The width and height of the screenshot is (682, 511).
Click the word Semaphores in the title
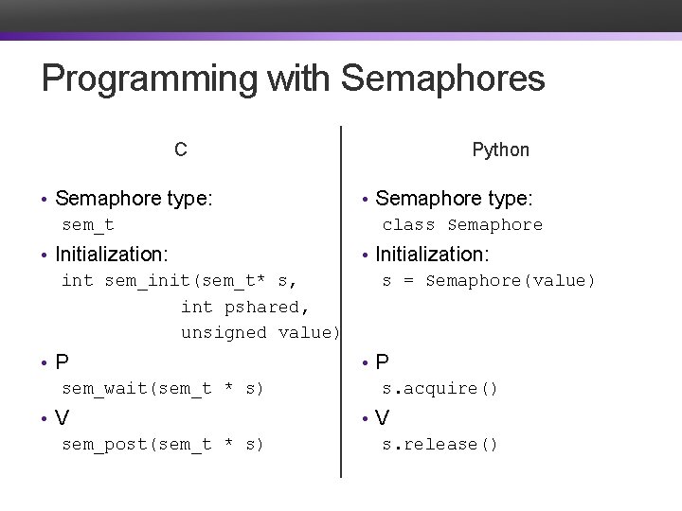tap(442, 79)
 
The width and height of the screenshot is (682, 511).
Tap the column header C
tap(180, 150)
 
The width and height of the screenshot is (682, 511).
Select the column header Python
tap(501, 150)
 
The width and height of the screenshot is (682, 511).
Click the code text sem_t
tap(88, 225)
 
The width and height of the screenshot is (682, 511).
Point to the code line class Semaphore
tap(462, 225)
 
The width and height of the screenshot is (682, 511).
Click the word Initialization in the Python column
tap(432, 254)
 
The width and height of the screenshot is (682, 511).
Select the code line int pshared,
tap(244, 307)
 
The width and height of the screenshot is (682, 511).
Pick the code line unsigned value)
tap(260, 332)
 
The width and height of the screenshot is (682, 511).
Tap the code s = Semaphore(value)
tap(489, 280)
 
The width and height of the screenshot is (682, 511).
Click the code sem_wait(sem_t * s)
tap(162, 388)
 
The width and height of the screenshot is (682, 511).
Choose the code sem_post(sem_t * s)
tap(162, 444)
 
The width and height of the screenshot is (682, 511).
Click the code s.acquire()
tap(440, 388)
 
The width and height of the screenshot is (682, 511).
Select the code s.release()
tap(440, 444)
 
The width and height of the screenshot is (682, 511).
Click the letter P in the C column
tap(63, 361)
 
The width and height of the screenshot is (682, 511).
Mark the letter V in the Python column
tap(383, 417)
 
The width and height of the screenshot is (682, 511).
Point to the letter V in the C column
tap(63, 417)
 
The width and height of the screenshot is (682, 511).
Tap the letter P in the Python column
tap(383, 361)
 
